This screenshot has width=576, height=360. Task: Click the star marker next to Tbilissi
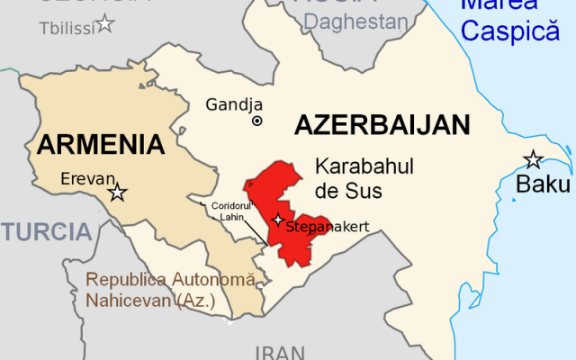[105, 23]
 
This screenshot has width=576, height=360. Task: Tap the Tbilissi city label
[66, 28]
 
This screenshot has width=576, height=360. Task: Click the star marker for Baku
[534, 160]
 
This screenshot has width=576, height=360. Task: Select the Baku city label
[543, 185]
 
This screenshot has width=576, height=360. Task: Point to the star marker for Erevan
[116, 192]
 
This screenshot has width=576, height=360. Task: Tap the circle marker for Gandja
[257, 121]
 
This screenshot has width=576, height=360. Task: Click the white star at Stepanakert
[278, 220]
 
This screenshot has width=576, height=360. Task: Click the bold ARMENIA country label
[101, 143]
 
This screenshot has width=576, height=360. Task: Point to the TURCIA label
[46, 231]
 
